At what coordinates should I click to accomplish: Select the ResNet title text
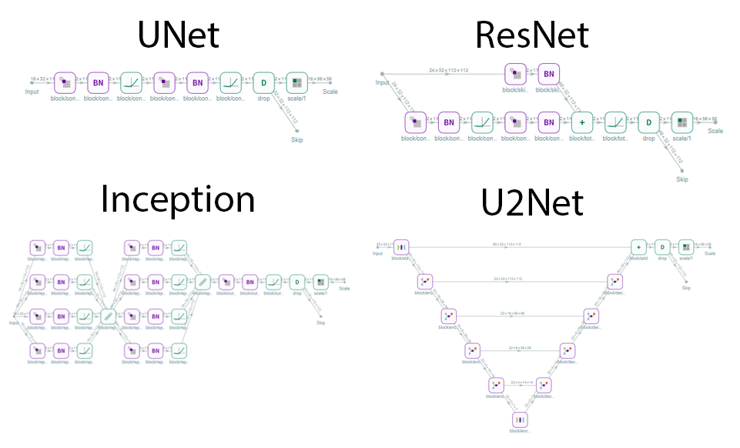tap(532, 35)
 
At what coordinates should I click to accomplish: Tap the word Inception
tap(178, 199)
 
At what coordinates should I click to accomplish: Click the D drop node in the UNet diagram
tap(263, 82)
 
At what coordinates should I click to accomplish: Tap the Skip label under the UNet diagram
tap(296, 140)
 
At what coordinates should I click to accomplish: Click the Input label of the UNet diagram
tap(32, 91)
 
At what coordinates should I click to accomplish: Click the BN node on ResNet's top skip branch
tap(548, 74)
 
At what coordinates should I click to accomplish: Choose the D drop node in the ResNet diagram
tap(649, 122)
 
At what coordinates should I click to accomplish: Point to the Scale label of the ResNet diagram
tap(715, 131)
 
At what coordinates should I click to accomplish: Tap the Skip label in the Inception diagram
tap(320, 323)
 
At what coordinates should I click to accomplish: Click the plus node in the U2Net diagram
tap(638, 247)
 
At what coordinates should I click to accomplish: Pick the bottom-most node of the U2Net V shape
tap(521, 419)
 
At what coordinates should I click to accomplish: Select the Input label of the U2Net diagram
tap(377, 253)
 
